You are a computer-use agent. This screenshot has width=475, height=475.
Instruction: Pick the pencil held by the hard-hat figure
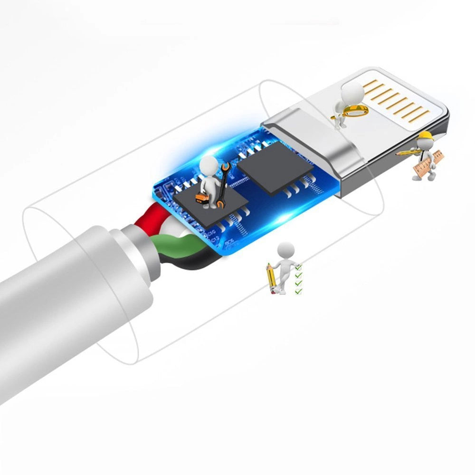[x=405, y=152]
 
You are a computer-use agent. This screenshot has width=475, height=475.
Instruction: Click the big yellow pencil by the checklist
[x=271, y=277]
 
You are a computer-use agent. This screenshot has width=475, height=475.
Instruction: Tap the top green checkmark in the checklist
[x=298, y=268]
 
